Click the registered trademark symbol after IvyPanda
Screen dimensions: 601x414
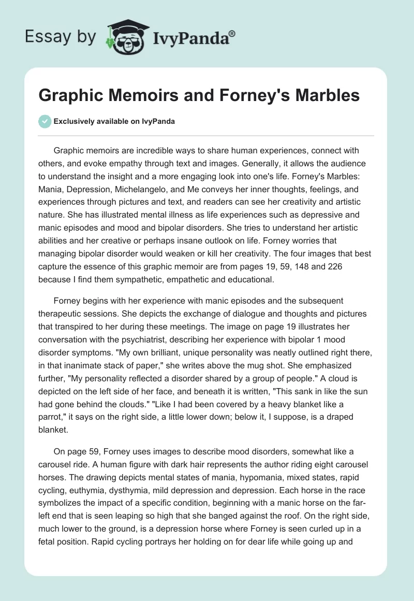pyautogui.click(x=232, y=33)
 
